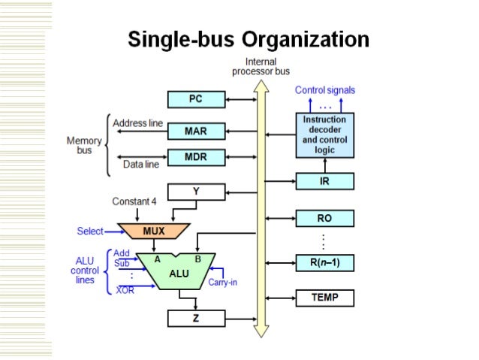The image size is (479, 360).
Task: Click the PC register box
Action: (195, 99)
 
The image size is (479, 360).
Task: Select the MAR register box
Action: (195, 132)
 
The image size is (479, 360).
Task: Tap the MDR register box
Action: (195, 158)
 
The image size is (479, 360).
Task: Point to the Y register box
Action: (195, 192)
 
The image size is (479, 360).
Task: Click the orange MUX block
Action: (154, 231)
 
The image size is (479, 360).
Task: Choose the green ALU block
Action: (179, 272)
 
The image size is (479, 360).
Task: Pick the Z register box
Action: (195, 319)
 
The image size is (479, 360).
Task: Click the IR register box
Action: (324, 181)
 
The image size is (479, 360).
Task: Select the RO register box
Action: (324, 219)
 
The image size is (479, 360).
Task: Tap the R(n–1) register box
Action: (324, 262)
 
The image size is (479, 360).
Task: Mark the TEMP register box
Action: (324, 298)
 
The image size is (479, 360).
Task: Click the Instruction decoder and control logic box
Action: (324, 135)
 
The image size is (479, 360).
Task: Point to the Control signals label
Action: (324, 90)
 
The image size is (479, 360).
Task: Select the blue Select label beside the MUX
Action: (90, 231)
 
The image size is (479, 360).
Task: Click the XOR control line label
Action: (124, 290)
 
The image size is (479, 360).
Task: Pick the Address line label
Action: (137, 123)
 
